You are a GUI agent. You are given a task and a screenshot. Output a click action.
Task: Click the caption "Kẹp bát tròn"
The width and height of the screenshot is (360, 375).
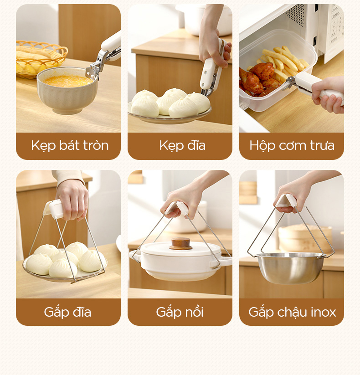pos(70,145)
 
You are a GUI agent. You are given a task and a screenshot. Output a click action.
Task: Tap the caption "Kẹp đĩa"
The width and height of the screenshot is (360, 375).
pos(182,145)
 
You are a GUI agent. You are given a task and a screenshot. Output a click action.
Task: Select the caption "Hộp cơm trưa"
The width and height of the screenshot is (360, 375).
pos(292,145)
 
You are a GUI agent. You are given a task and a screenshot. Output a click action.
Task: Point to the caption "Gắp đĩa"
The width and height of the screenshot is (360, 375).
pos(67,312)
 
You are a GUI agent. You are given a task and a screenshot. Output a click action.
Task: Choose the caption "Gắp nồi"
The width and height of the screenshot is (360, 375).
pos(180,312)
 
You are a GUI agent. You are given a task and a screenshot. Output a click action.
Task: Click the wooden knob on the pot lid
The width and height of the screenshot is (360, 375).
pos(180,243)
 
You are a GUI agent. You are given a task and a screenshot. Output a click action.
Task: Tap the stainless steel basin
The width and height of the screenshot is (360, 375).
pos(290,268)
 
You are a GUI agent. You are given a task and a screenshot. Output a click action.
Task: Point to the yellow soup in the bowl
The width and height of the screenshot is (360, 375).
pos(67,81)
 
